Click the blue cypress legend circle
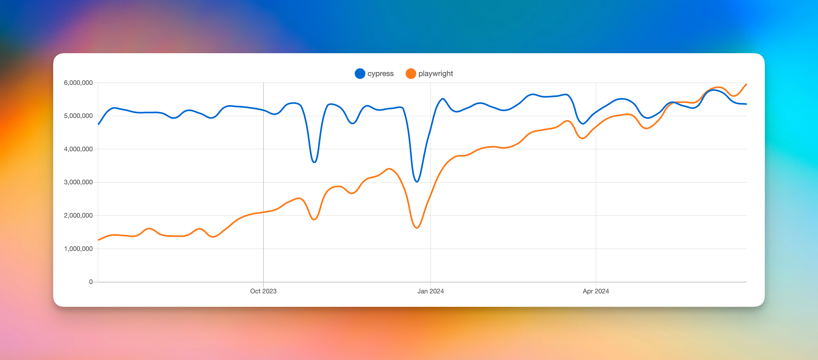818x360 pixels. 360,73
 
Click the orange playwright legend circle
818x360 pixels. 411,73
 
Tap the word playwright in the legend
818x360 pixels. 435,73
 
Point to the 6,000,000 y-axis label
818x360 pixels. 78,83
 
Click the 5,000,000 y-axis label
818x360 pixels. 78,116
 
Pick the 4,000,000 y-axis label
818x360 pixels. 78,149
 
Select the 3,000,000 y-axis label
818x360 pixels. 78,182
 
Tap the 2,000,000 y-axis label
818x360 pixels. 78,215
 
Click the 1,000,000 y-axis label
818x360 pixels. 78,249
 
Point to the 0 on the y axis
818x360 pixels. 91,282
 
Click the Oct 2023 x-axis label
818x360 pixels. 263,291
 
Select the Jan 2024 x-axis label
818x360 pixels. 430,291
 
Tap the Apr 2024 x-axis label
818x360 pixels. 596,291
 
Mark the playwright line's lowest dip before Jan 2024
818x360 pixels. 417,228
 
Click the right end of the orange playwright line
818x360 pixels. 746,84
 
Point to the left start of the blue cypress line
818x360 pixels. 99,124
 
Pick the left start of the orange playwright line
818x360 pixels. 99,240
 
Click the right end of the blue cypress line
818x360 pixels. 746,104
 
